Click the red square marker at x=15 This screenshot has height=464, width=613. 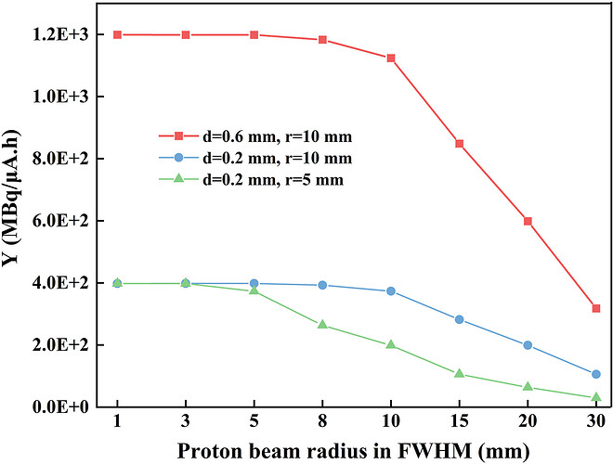(x=459, y=144)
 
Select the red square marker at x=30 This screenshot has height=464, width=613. (x=595, y=308)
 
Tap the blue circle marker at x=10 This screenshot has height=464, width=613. (x=391, y=291)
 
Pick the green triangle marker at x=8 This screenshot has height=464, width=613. (x=322, y=325)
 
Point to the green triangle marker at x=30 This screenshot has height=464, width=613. (x=595, y=397)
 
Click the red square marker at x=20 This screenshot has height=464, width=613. (x=528, y=221)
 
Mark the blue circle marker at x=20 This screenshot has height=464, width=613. (x=528, y=345)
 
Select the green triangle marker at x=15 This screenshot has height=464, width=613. (x=459, y=374)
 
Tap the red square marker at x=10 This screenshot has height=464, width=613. (x=391, y=58)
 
